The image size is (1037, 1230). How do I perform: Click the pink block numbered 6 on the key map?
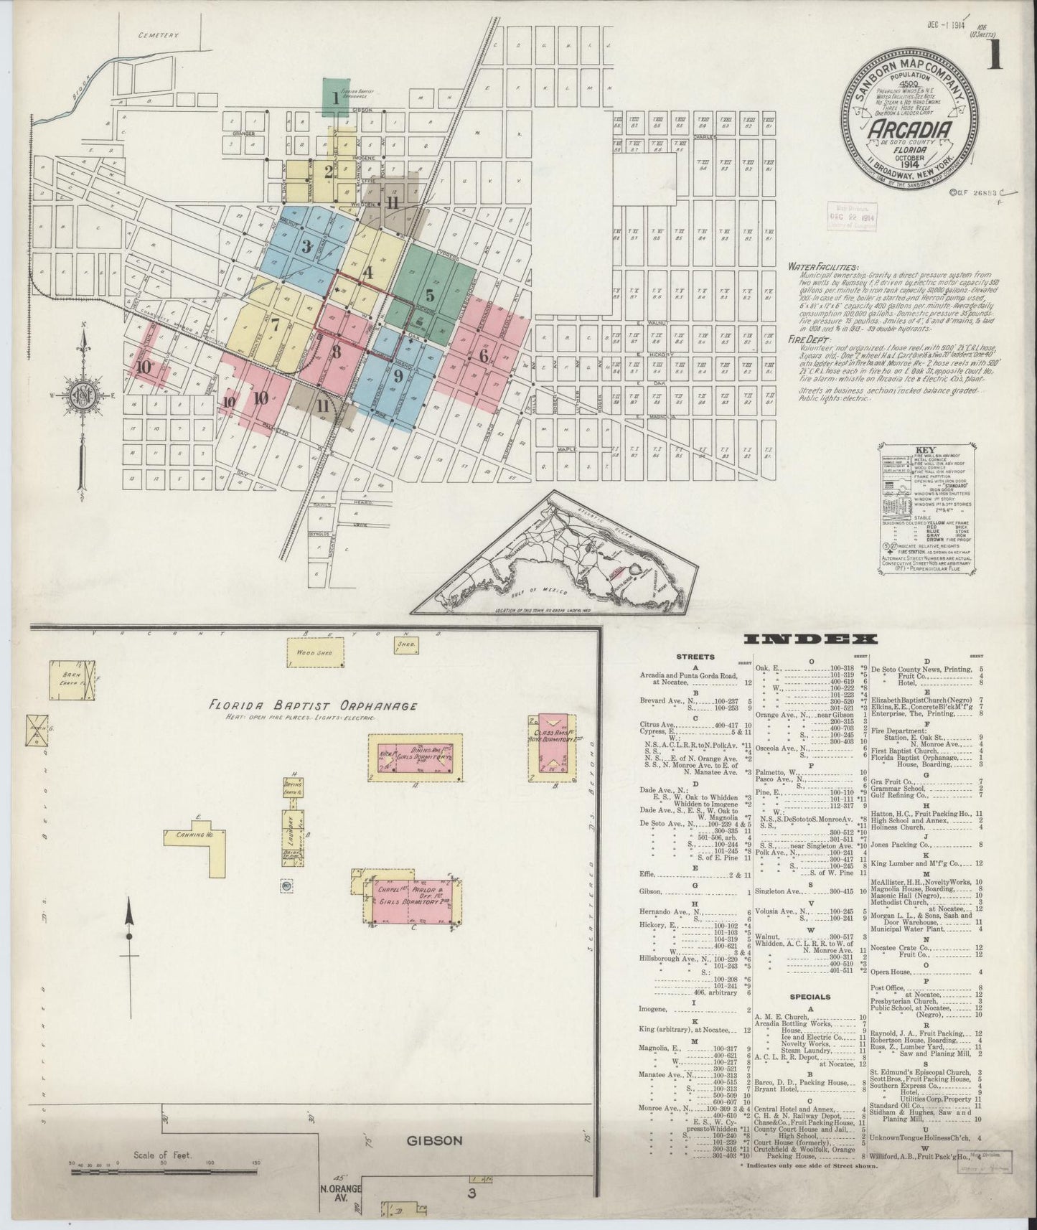tap(484, 355)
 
